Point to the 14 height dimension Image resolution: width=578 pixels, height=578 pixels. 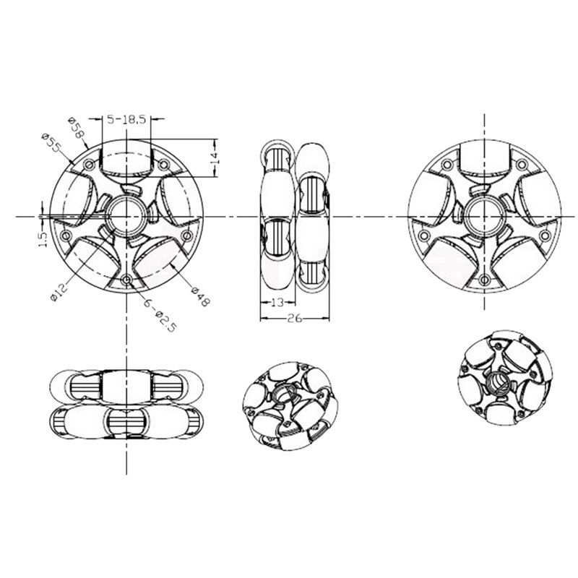(x=214, y=158)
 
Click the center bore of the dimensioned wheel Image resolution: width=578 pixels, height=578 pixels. (x=127, y=215)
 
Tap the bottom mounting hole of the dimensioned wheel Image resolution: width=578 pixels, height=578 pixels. (x=127, y=279)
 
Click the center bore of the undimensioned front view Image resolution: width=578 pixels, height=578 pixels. (x=483, y=215)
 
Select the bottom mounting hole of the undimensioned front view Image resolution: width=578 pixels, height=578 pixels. (x=483, y=279)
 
